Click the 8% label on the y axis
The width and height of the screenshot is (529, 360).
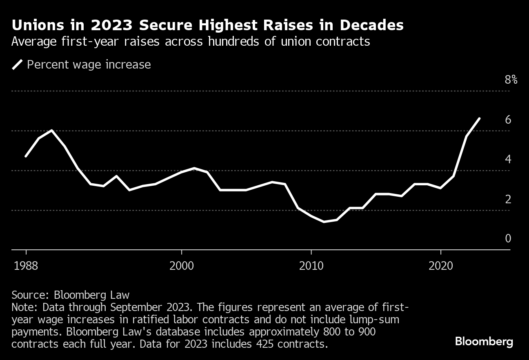pyautogui.click(x=511, y=80)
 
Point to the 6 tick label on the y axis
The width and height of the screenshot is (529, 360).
pyautogui.click(x=508, y=120)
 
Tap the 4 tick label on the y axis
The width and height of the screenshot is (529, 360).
pyautogui.click(x=508, y=159)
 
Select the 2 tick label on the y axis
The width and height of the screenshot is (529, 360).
pyautogui.click(x=508, y=199)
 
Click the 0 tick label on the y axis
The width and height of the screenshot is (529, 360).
pyautogui.click(x=508, y=238)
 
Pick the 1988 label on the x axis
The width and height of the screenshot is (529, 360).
pyautogui.click(x=26, y=266)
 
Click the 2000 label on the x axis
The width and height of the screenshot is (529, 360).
pyautogui.click(x=181, y=266)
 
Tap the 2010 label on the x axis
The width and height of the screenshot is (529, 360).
pyautogui.click(x=311, y=266)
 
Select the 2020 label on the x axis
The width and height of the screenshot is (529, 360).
pyautogui.click(x=441, y=266)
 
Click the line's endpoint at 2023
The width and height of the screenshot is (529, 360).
pyautogui.click(x=479, y=118)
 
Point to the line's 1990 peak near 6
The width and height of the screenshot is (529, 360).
pyautogui.click(x=52, y=131)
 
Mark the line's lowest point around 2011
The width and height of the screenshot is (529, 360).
pyautogui.click(x=324, y=222)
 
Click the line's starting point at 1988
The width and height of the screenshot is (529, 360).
pyautogui.click(x=26, y=156)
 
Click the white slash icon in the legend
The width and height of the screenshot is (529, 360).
pyautogui.click(x=18, y=64)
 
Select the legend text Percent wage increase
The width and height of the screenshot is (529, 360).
pyautogui.click(x=89, y=64)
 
